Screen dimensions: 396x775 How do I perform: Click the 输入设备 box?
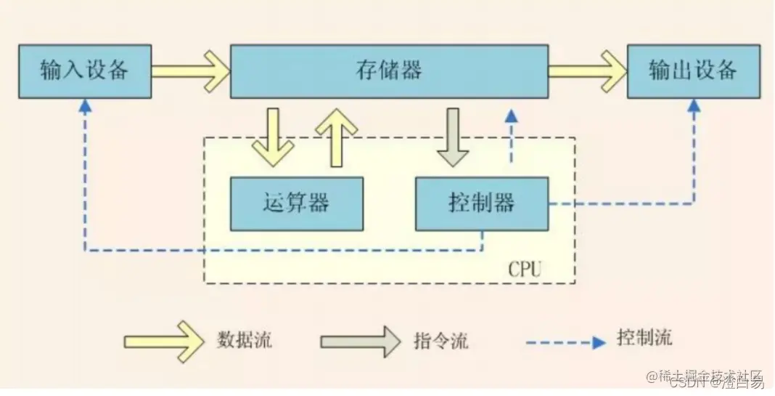point(85,71)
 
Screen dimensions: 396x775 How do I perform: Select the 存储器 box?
point(389,71)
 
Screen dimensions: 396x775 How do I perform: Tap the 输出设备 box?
point(693,71)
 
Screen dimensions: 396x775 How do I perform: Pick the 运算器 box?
point(296,203)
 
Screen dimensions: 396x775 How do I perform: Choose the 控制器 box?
point(481,203)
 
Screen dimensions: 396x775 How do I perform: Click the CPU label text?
point(525,270)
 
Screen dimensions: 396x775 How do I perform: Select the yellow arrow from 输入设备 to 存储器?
point(191,71)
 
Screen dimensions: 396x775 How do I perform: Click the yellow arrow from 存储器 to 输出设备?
point(587,71)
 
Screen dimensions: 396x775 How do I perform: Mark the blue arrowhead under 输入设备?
point(85,106)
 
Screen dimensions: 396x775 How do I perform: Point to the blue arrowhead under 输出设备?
point(694,106)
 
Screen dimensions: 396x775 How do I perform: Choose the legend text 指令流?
point(440,340)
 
